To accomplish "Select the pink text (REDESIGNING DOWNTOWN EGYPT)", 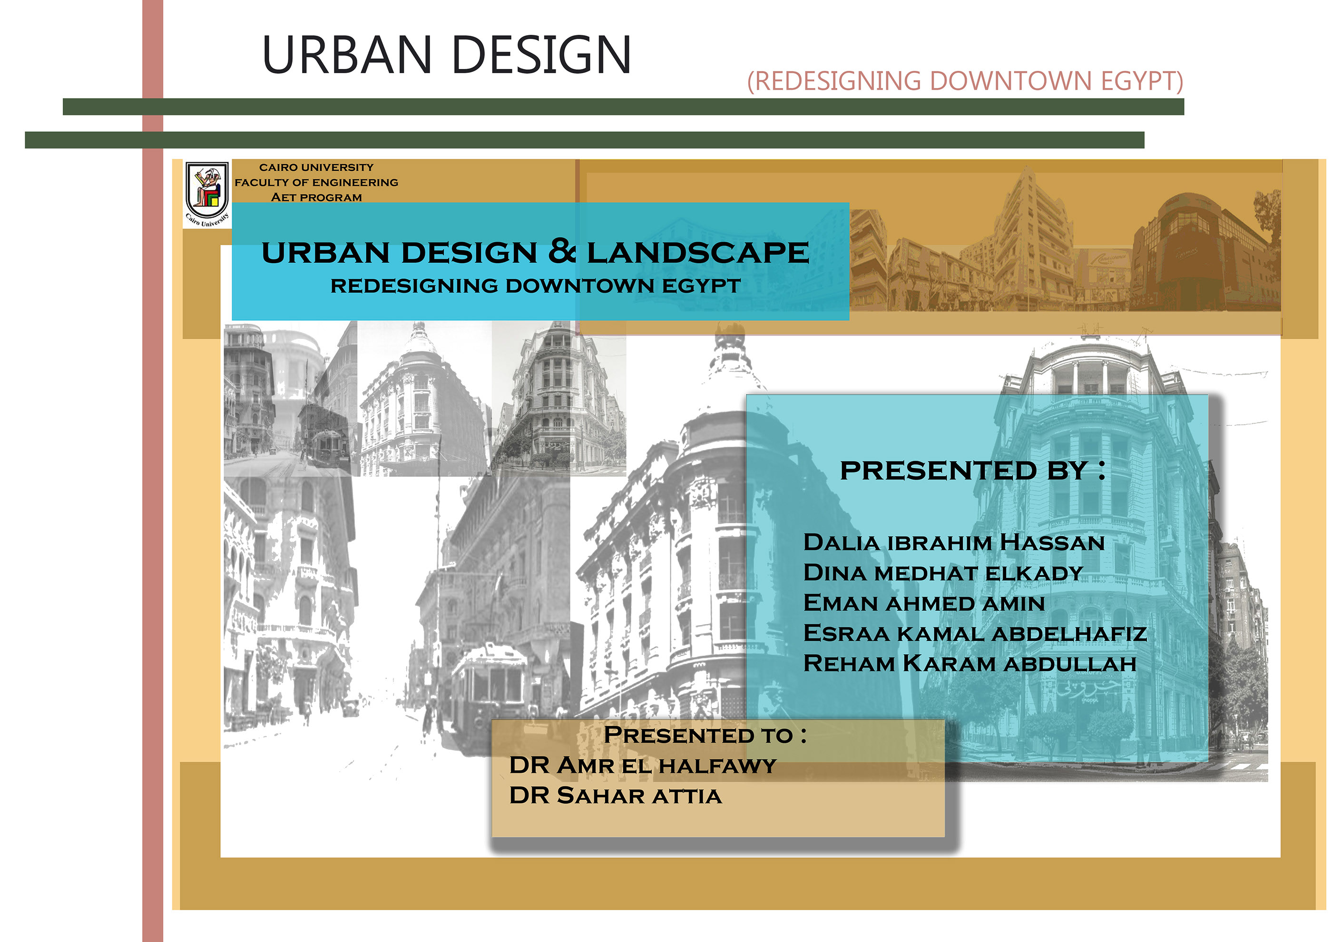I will coord(964,81).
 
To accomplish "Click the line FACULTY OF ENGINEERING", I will coord(316,182).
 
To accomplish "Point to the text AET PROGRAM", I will coord(316,197).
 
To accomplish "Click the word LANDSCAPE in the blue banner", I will coord(697,253).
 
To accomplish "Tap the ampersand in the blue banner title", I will coord(561,251).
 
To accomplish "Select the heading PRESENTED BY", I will coord(972,471).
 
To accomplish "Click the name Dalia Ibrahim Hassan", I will coord(953,542).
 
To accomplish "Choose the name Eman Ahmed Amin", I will coord(923,603).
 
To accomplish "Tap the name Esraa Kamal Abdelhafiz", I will coord(975,633).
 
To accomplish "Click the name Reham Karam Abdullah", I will coord(970,663).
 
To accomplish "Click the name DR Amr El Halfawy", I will coord(642,765).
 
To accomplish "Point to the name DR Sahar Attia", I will coord(615,795).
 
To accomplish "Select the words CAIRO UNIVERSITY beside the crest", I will coord(316,167).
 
